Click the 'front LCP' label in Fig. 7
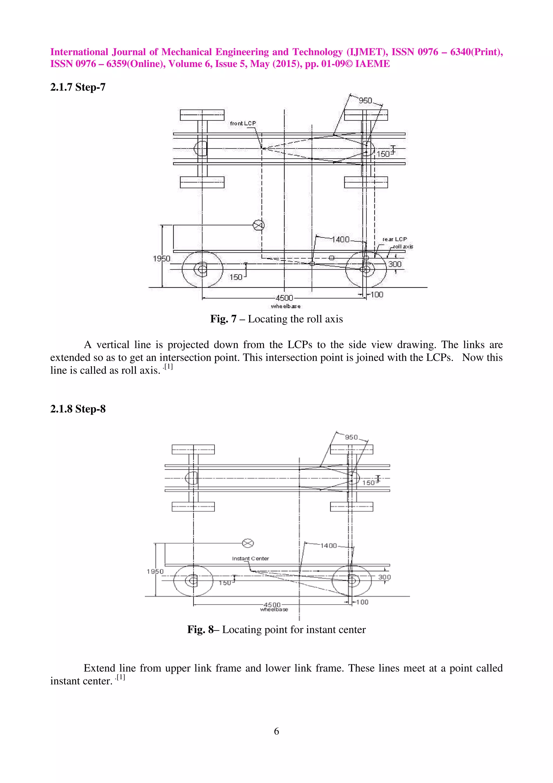(x=242, y=123)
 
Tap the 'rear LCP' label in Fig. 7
(x=394, y=239)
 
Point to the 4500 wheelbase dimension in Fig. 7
(x=284, y=298)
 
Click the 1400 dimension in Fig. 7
(x=341, y=240)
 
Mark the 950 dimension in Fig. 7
(x=365, y=101)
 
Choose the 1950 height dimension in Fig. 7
(x=161, y=259)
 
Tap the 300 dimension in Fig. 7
(x=395, y=264)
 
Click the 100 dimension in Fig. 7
(x=377, y=295)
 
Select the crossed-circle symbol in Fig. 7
(x=259, y=225)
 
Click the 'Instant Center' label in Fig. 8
(x=250, y=558)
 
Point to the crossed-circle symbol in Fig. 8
(x=248, y=543)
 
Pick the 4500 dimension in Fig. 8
(x=272, y=605)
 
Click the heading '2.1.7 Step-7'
(x=78, y=87)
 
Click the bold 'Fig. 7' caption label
(x=223, y=319)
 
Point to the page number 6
(x=276, y=731)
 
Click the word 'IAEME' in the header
(x=372, y=64)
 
